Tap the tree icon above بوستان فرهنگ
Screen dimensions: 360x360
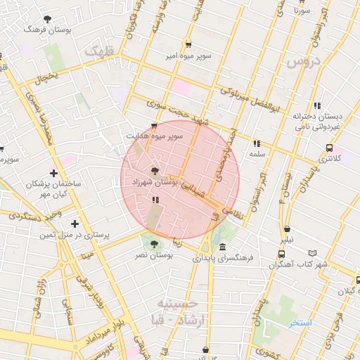[47, 19]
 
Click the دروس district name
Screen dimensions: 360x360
[304, 64]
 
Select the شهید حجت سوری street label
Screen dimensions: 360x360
[174, 113]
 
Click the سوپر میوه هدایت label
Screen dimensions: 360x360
[154, 135]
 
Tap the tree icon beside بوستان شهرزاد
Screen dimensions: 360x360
[154, 171]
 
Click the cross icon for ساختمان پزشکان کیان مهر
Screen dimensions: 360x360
[54, 173]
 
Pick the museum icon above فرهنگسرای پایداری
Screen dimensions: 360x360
[222, 247]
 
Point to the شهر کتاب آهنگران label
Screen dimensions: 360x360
[290, 264]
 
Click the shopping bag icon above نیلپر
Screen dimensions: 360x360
[288, 229]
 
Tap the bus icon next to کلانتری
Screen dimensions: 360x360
[330, 148]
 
